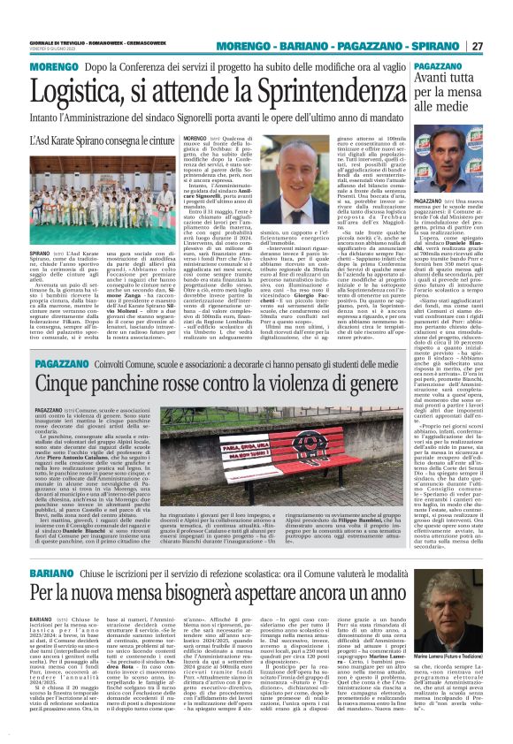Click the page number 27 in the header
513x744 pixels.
click(x=500, y=46)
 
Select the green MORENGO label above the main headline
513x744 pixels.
click(x=27, y=67)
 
